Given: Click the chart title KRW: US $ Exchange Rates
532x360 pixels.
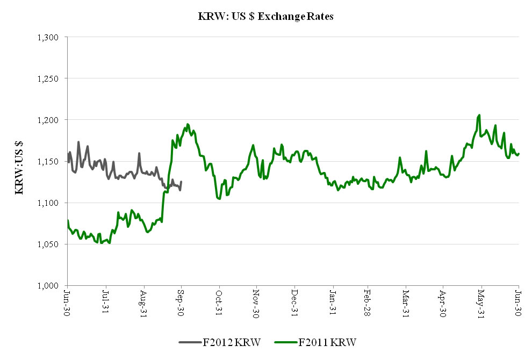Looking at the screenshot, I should coord(265,17).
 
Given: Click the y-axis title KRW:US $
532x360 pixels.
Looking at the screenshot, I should coord(19,161).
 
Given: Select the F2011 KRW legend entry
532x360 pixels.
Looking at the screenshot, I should coord(317,342).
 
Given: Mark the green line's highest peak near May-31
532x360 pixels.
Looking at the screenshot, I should coord(479,114).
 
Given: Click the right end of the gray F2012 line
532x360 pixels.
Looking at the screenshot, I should coord(181,182).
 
